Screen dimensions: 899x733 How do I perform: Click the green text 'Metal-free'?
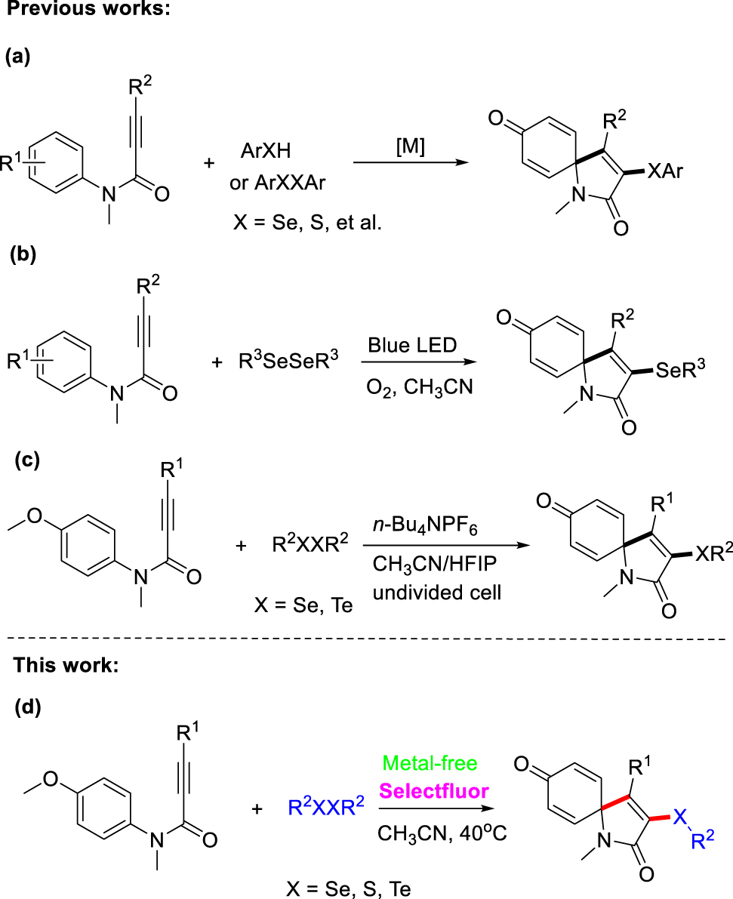point(430,763)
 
